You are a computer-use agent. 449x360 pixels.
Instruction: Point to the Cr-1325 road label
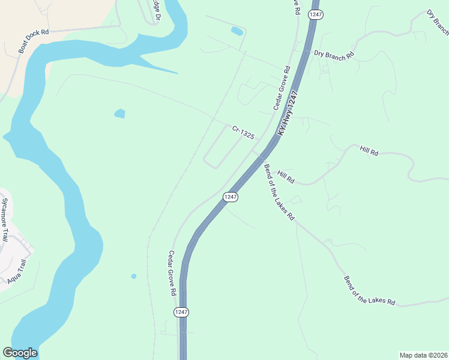click(244, 133)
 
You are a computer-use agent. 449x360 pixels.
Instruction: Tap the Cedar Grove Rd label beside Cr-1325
click(282, 88)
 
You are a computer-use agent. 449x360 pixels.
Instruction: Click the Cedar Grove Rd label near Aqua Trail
click(172, 273)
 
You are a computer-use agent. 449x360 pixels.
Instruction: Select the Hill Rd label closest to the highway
click(286, 176)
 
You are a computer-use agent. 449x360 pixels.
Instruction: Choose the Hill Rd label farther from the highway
click(369, 151)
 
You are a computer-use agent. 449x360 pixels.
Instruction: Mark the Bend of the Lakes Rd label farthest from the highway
click(369, 291)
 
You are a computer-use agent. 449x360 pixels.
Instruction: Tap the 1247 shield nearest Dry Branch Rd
click(316, 13)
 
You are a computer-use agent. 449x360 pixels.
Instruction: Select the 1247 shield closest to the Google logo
click(181, 312)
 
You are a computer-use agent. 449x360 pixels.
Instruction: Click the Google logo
click(20, 353)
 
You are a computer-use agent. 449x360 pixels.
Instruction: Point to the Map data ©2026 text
click(424, 355)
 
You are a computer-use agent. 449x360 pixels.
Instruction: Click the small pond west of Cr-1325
click(120, 113)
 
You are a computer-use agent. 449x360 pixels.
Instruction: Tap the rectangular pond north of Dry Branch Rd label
click(237, 31)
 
